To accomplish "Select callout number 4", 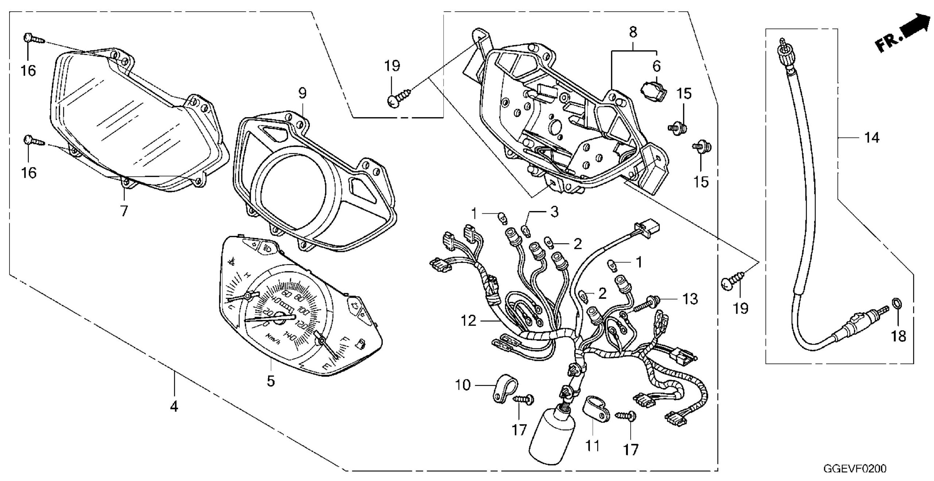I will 174,406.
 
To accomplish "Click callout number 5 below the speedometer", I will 270,381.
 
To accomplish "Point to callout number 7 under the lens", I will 124,210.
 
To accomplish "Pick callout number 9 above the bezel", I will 302,93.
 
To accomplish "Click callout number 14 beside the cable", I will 872,138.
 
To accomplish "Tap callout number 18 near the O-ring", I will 899,335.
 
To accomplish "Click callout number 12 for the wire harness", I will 468,321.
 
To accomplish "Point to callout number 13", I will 689,299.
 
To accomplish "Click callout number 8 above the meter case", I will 633,32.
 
